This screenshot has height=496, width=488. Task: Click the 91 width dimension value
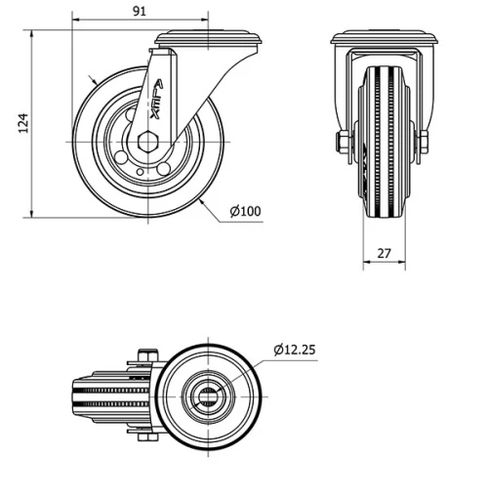pos(139,11)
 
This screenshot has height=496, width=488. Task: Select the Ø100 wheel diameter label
pos(245,210)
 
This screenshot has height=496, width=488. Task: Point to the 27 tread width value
pos(384,251)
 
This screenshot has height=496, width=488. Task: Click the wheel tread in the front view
pos(384,146)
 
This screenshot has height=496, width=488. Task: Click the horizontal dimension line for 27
pos(384,263)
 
